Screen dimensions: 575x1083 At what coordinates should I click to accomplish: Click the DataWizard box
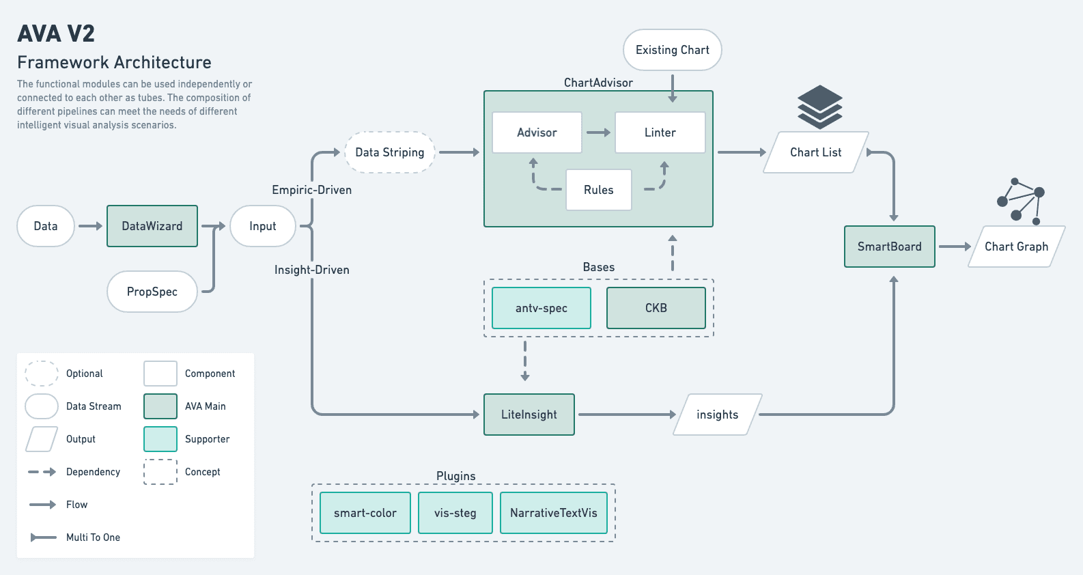(152, 226)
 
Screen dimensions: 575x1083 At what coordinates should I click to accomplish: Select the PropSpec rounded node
(152, 292)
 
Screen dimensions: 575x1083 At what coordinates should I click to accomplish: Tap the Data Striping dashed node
(390, 152)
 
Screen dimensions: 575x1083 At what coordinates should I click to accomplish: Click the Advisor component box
(537, 132)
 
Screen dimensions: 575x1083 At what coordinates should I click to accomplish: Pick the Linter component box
(660, 132)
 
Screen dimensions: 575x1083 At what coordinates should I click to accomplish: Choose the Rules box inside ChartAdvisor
(598, 190)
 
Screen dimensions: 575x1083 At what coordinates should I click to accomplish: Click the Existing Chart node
(672, 50)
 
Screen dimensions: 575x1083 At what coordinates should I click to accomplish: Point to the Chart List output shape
(815, 152)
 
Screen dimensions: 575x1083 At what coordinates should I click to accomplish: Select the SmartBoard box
(889, 247)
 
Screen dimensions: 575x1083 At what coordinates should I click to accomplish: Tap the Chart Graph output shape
(1016, 247)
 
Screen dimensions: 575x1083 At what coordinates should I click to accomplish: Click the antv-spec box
(541, 308)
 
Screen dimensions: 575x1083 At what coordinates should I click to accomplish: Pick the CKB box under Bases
(656, 308)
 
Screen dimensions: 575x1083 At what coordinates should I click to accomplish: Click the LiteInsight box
(529, 415)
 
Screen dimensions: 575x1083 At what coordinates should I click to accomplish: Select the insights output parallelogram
(717, 415)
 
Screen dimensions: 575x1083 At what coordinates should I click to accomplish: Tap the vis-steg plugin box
(455, 513)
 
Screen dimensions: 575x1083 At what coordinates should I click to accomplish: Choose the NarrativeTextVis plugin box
(553, 513)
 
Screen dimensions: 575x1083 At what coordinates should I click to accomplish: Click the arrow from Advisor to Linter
(598, 132)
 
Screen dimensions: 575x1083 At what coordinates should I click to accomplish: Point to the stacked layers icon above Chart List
(819, 107)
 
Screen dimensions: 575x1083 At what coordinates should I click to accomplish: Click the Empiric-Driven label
(311, 190)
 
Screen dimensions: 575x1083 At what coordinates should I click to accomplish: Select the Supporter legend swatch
(160, 439)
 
